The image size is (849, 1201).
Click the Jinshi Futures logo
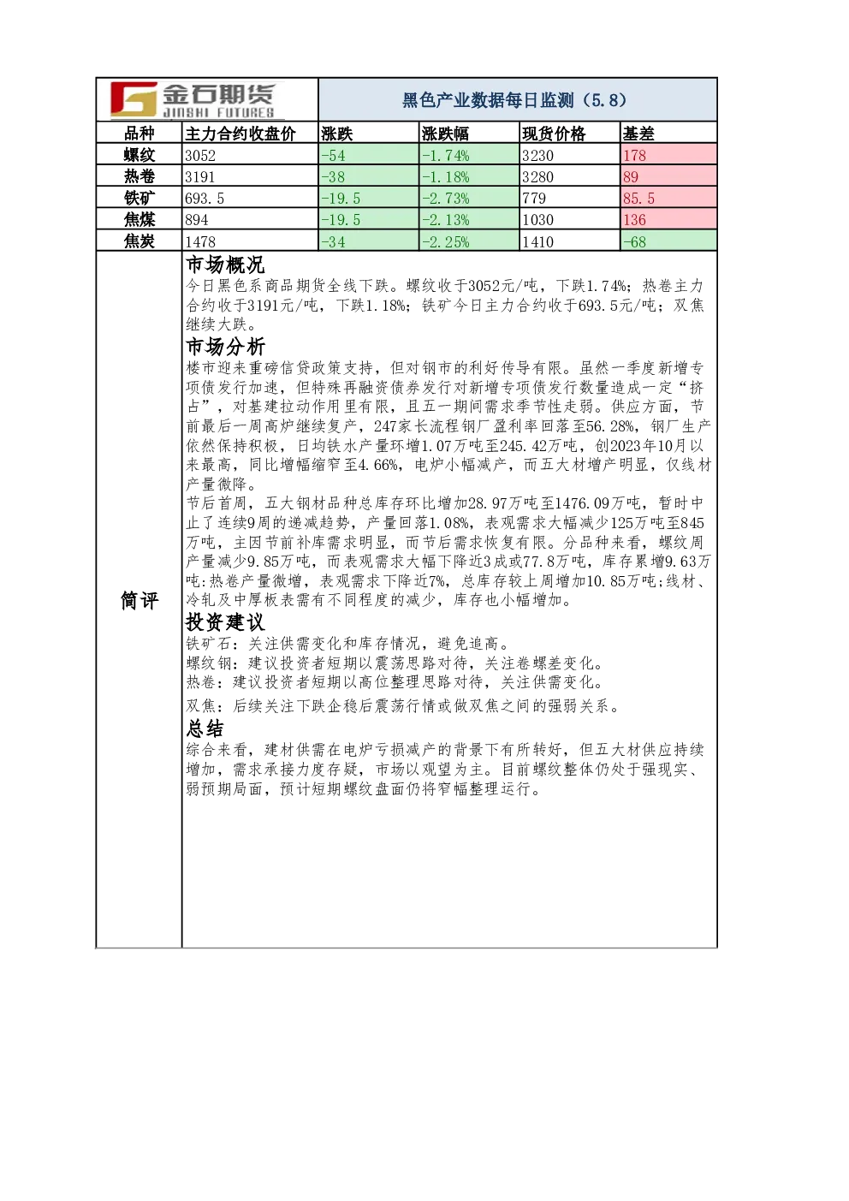[x=193, y=100]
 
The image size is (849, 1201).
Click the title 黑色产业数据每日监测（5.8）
[x=514, y=100]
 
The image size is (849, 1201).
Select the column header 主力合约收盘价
[x=240, y=134]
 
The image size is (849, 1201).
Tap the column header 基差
[x=638, y=134]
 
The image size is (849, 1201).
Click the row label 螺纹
[x=140, y=155]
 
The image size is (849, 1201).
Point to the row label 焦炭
[x=140, y=241]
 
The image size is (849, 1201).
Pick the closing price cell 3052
[x=200, y=156]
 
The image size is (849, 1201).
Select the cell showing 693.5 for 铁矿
[x=205, y=199]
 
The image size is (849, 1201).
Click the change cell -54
[x=334, y=156]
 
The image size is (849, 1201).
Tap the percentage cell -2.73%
[x=445, y=199]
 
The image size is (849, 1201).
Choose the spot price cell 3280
[x=537, y=177]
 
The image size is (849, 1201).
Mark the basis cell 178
[x=634, y=156]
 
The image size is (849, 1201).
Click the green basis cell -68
[x=634, y=241]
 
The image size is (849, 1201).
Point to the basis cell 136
[x=634, y=220]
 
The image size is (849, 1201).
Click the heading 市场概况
[x=225, y=265]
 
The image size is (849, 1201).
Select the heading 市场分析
[x=225, y=347]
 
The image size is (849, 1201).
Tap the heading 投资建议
[x=225, y=622]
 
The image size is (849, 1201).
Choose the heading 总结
[x=205, y=728]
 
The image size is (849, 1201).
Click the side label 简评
[x=140, y=601]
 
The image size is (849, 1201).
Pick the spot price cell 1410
[x=537, y=241]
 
